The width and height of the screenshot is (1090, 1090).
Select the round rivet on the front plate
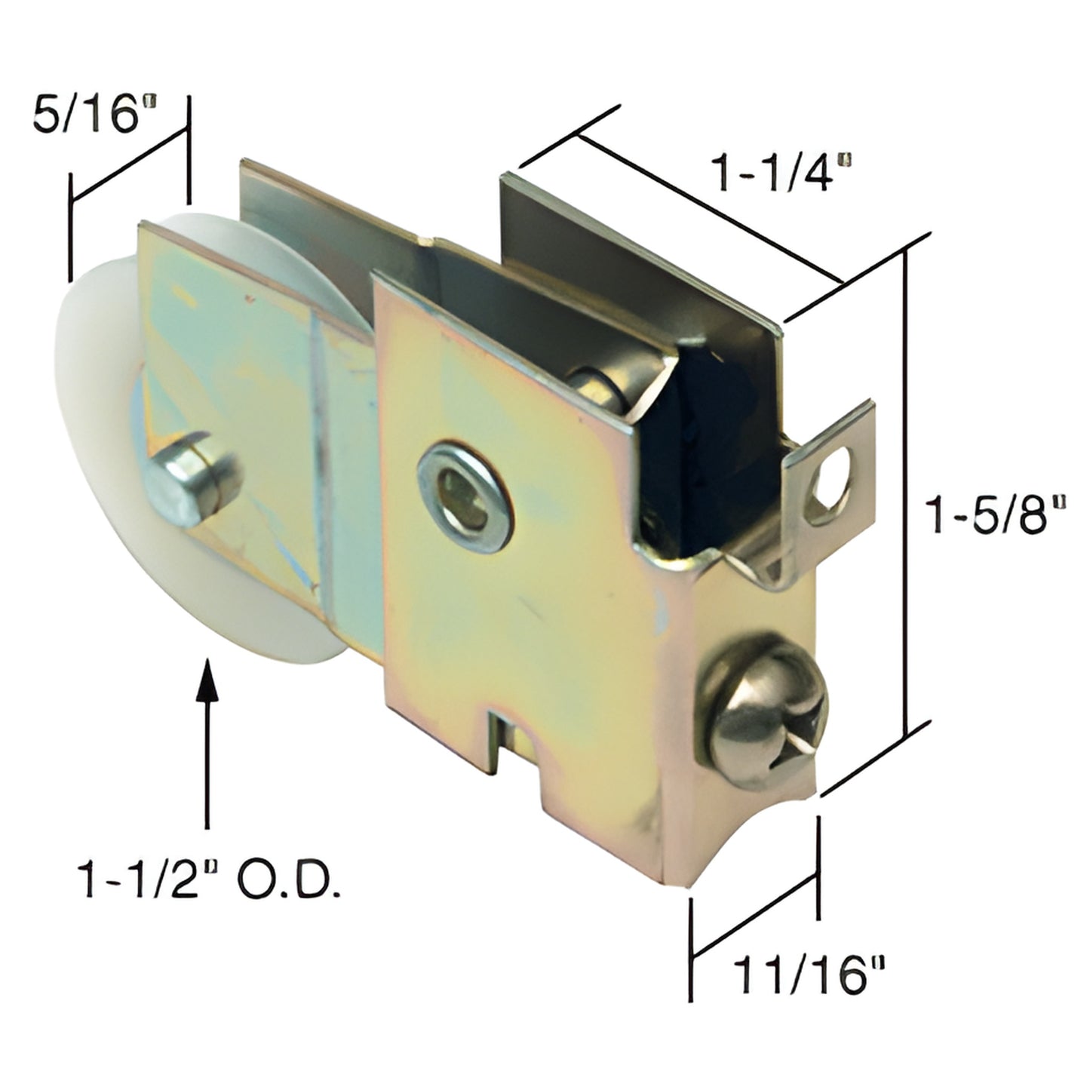pyautogui.click(x=465, y=495)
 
